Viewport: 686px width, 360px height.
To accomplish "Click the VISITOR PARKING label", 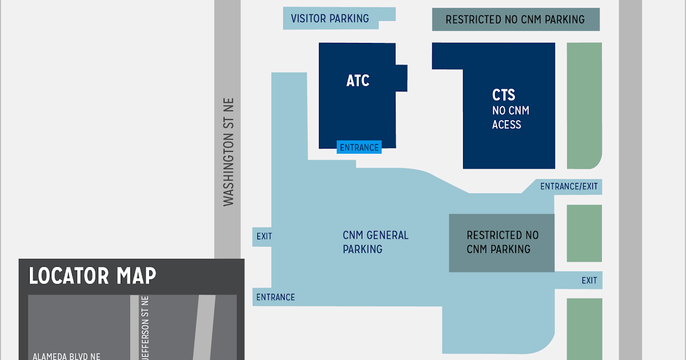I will click(330, 18).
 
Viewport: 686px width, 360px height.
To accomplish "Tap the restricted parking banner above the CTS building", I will click(515, 19).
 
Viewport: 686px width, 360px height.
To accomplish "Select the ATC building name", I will click(358, 81).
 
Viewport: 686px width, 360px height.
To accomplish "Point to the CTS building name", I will click(504, 95).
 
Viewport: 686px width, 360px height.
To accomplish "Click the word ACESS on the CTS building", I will click(506, 124).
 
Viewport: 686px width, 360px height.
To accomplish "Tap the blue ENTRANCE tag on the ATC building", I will click(359, 147).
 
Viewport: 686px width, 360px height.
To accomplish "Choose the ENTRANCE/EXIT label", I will click(569, 186).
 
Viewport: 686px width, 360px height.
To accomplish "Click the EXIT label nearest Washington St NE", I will click(264, 236).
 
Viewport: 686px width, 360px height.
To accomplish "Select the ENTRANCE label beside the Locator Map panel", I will click(276, 297).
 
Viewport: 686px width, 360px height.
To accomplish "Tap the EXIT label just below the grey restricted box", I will click(589, 281).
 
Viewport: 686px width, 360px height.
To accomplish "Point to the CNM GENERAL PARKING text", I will click(376, 242).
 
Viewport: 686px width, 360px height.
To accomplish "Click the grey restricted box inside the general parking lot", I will click(502, 242).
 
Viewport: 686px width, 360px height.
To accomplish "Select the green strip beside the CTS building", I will click(584, 106).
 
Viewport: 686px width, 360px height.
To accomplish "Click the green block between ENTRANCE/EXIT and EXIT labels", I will click(584, 233).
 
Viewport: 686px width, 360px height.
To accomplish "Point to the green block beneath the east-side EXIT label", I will click(584, 329).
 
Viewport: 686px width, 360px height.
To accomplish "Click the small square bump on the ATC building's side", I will click(401, 78).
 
